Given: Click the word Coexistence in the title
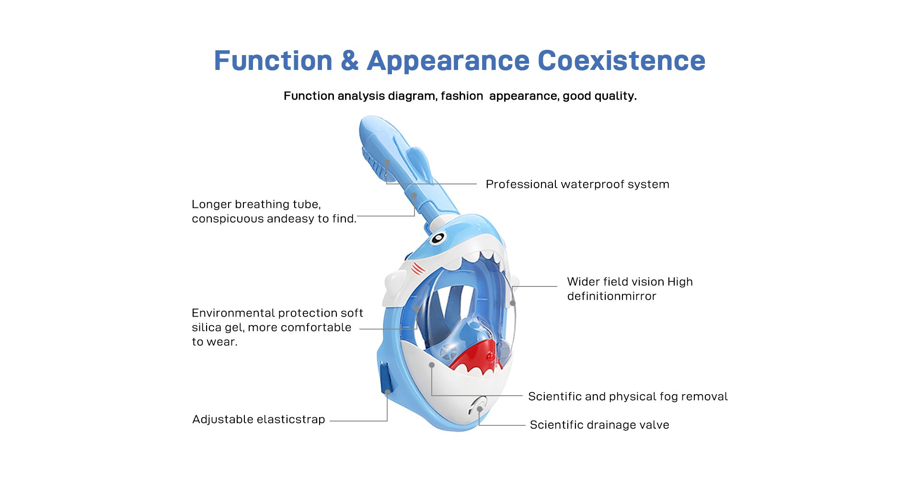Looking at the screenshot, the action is click(x=621, y=61).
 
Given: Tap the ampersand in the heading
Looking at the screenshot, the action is click(x=350, y=61).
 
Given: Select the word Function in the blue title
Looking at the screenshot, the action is click(x=273, y=61).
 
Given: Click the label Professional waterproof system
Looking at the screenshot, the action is click(x=577, y=184).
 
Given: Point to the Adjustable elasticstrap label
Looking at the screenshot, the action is click(x=259, y=420).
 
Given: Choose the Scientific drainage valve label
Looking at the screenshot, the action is click(x=599, y=425).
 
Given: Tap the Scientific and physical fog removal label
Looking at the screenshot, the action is click(x=628, y=397).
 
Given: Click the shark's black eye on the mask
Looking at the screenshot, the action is click(x=437, y=238).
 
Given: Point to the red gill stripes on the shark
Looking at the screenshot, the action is click(x=418, y=269).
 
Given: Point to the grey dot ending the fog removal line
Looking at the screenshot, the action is click(x=432, y=365).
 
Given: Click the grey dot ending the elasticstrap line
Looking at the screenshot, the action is click(x=388, y=392).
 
